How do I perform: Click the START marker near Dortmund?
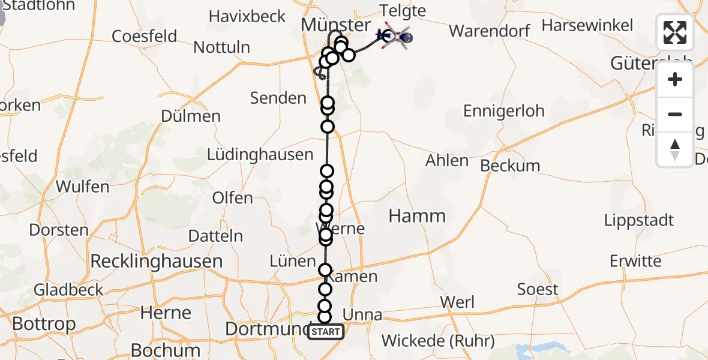326,332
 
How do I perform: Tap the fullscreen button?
675,32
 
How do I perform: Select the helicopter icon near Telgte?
397,38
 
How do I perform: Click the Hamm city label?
417,216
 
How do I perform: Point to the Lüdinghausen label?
260,154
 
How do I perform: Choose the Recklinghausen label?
157,261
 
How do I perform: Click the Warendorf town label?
491,30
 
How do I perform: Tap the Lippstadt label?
639,220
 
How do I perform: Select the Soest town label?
538,289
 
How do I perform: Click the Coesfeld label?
145,36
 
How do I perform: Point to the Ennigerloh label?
504,111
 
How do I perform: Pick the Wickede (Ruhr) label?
438,341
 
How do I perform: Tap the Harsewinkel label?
587,25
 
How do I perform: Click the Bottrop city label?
44,324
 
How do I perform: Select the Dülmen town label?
191,116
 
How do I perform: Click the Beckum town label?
510,166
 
